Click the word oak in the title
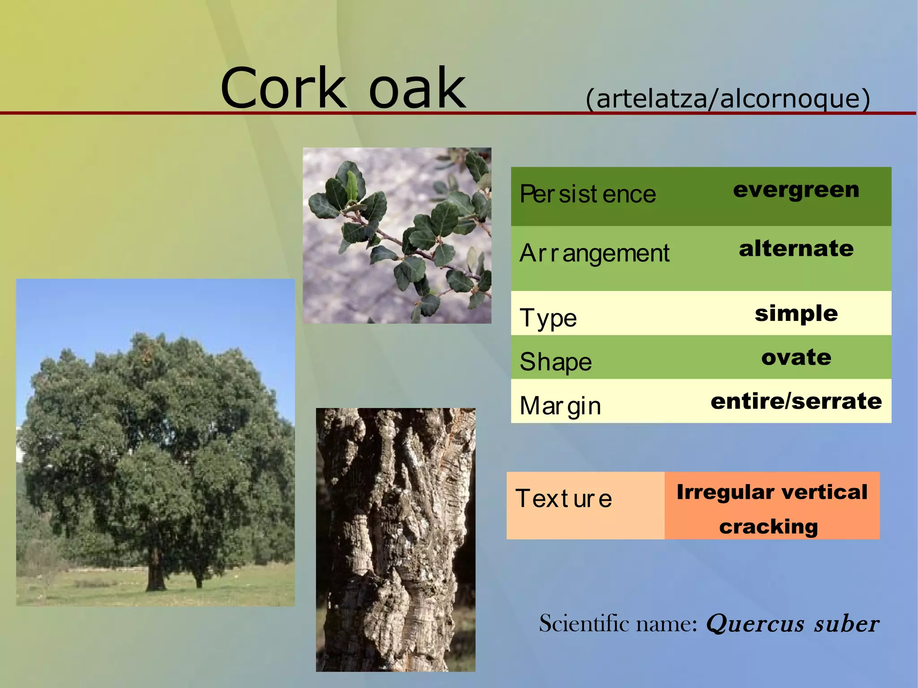tap(417, 88)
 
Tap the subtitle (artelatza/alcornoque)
tap(727, 99)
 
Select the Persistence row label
tap(588, 195)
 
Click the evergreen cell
tap(796, 190)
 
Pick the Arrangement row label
tap(594, 253)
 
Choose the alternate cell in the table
tap(796, 249)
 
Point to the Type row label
tap(548, 318)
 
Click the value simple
tap(796, 313)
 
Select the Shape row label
tap(556, 362)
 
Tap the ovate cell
tap(796, 357)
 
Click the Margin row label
tap(560, 406)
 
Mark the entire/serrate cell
tap(796, 401)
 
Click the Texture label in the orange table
tap(563, 498)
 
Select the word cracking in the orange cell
tap(768, 527)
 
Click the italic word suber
tap(847, 624)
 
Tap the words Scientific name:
tap(618, 624)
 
